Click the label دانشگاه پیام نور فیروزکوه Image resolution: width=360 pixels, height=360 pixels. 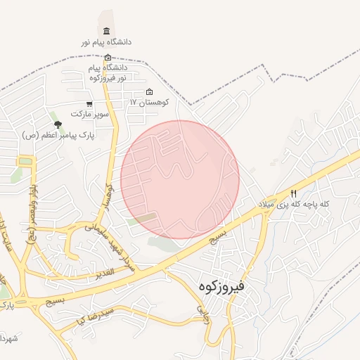[x=108, y=72]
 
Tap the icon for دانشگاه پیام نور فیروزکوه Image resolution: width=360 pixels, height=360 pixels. [x=108, y=58]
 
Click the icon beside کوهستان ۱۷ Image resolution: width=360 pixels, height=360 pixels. [x=149, y=92]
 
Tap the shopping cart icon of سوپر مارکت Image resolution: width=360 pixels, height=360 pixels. [x=89, y=104]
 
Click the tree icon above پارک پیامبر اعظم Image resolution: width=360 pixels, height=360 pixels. [x=58, y=124]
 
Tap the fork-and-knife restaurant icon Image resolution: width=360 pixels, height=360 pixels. [x=294, y=193]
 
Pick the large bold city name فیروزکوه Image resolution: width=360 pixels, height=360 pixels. [x=221, y=286]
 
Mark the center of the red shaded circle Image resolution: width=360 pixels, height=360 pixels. [x=180, y=180]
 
